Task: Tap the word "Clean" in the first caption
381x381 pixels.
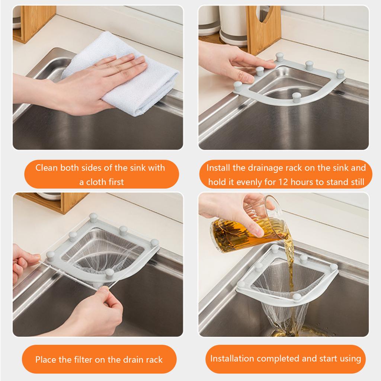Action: point(47,168)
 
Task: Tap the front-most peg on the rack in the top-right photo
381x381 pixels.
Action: point(297,97)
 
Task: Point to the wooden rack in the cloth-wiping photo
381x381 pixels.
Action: point(34,23)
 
